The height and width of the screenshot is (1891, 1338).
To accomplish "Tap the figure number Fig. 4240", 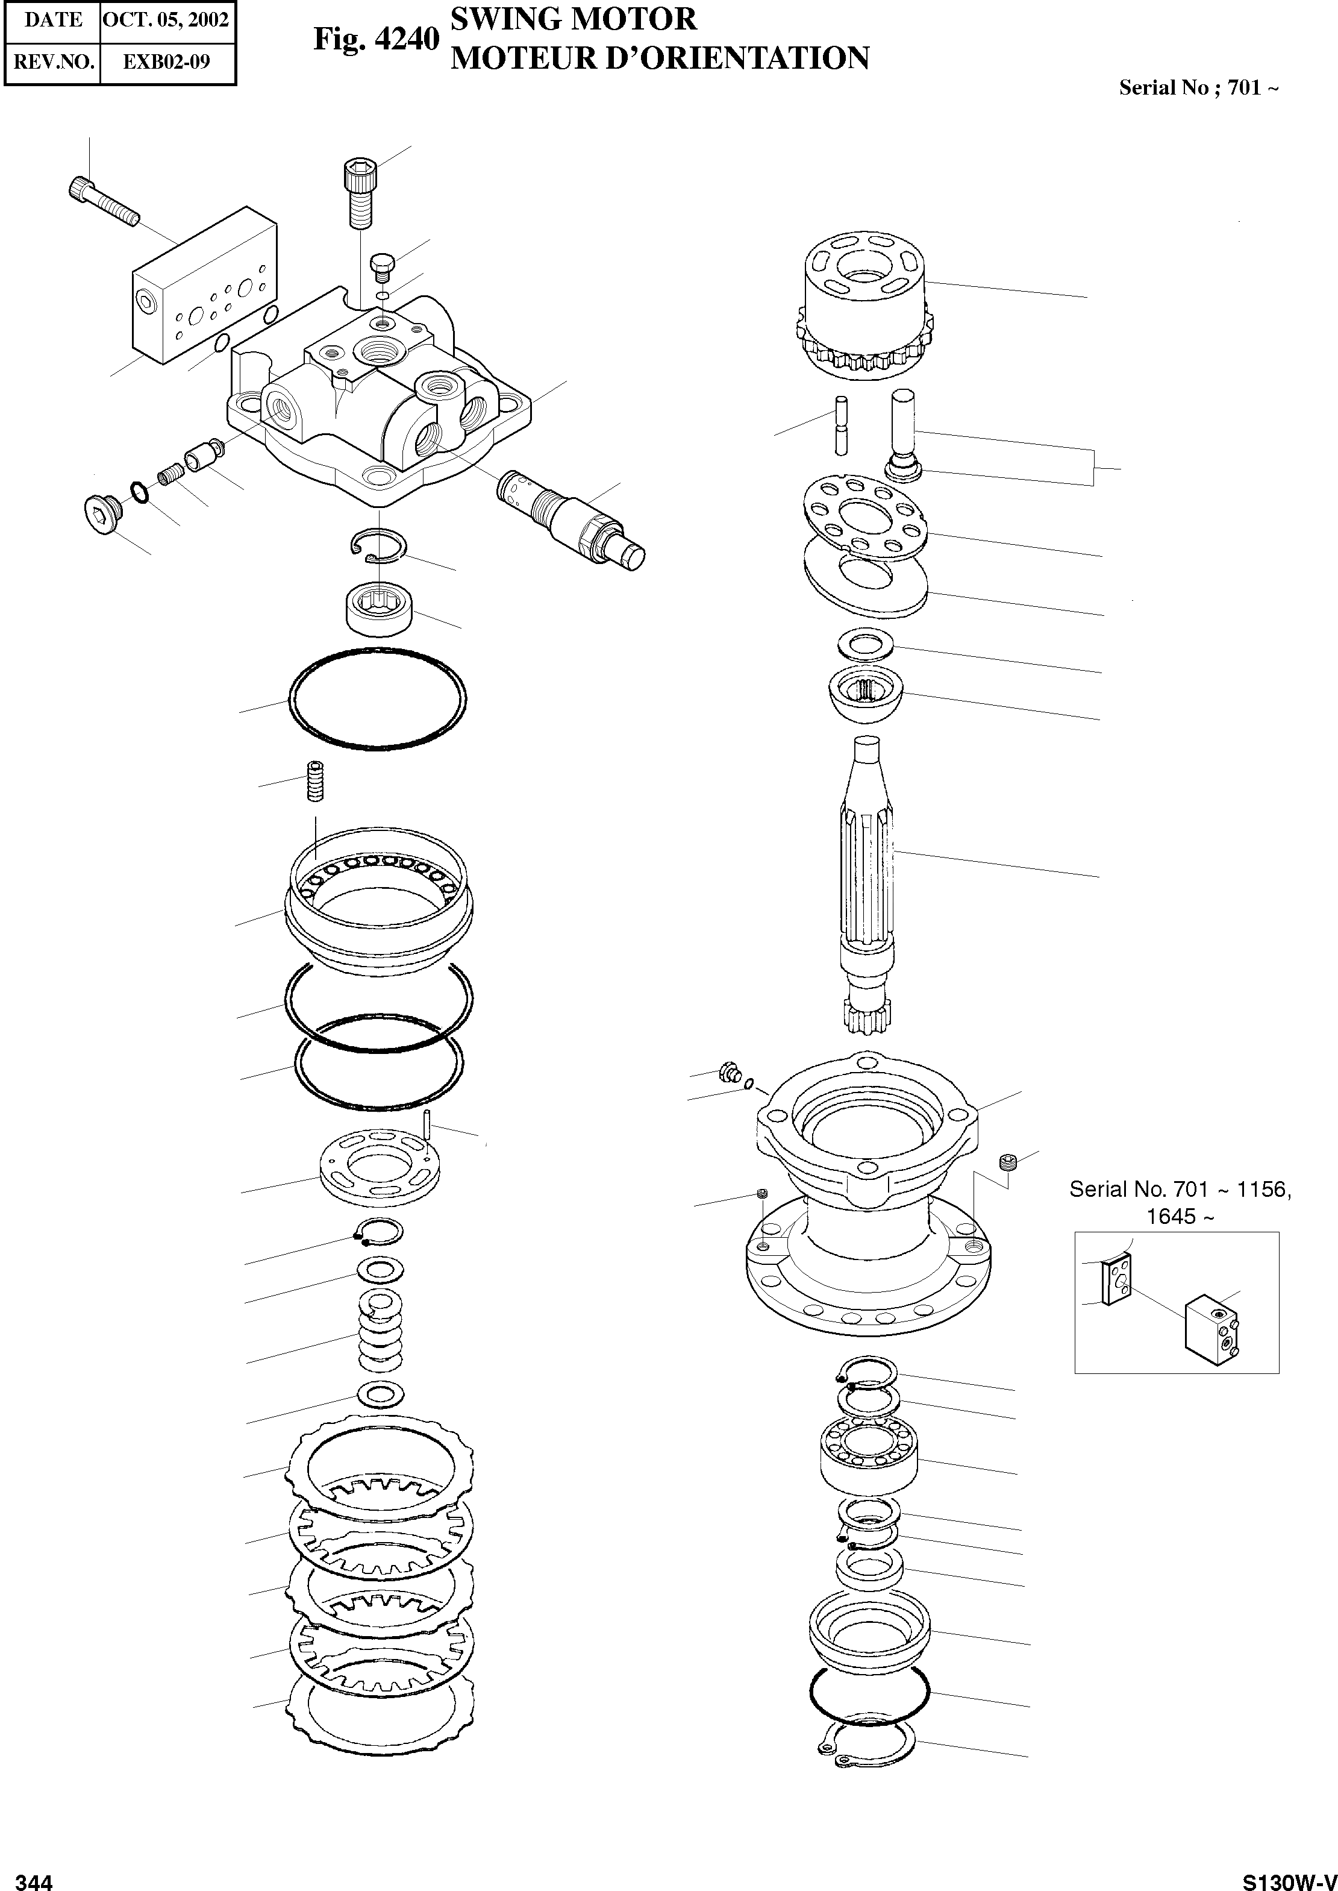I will [x=376, y=40].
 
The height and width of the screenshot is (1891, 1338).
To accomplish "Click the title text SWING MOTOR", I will [x=574, y=19].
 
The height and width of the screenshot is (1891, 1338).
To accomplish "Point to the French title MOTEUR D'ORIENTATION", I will [x=660, y=58].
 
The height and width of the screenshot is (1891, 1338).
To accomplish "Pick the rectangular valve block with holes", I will [x=204, y=289].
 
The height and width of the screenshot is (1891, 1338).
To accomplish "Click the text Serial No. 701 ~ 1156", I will [x=1179, y=1189].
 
